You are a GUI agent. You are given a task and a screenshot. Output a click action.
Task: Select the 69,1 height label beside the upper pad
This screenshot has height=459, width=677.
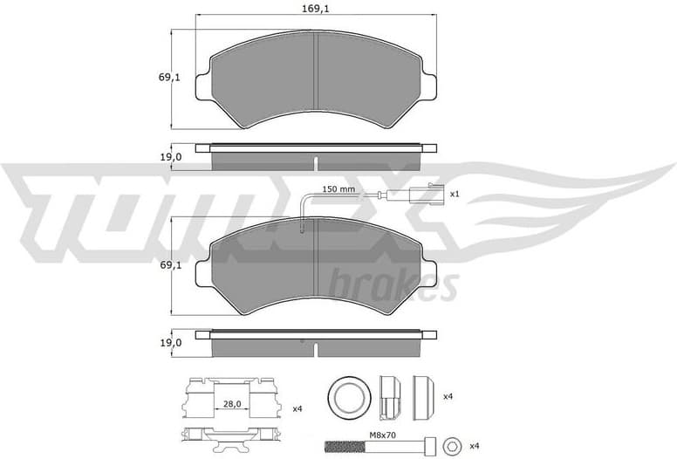(x=168, y=78)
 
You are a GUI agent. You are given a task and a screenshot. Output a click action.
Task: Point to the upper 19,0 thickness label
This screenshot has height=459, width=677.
(x=171, y=157)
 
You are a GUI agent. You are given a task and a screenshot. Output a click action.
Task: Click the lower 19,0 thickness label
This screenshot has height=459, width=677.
(x=171, y=343)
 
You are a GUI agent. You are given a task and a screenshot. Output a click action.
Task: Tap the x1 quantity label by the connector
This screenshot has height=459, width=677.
(x=454, y=194)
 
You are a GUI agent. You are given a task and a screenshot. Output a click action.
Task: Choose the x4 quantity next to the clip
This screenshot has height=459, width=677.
(x=297, y=408)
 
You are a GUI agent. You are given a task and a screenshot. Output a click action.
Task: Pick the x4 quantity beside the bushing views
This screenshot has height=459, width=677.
(x=448, y=397)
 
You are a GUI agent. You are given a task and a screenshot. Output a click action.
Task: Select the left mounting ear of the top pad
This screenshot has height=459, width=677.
(x=202, y=84)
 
